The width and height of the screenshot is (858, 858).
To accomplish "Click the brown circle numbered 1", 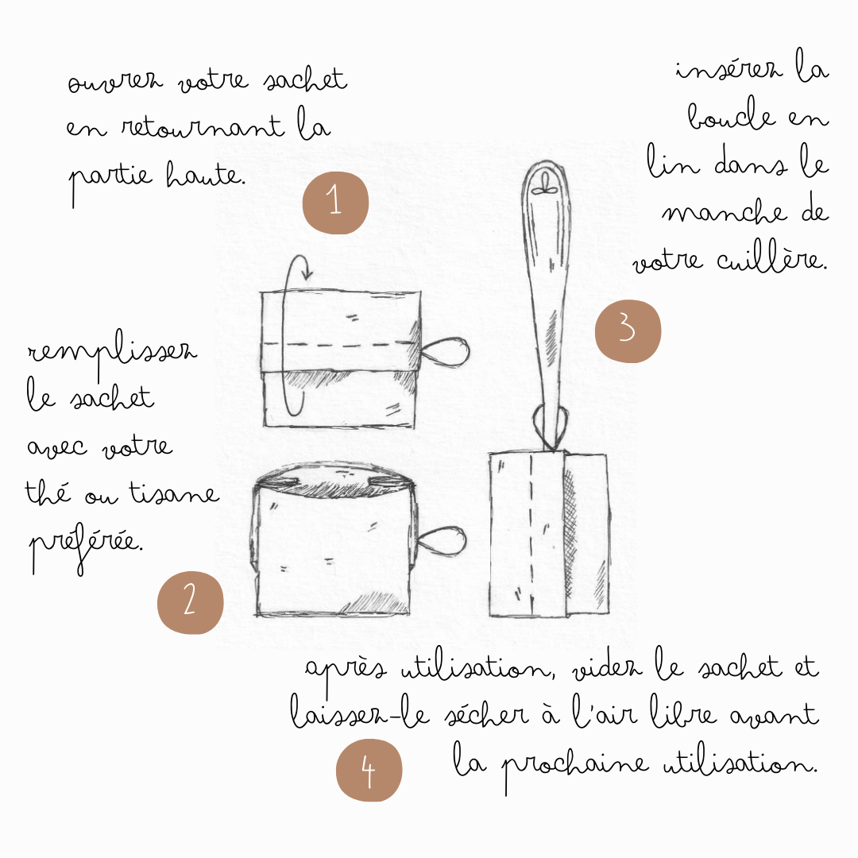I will click(335, 202).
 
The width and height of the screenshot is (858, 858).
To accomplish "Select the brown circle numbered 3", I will click(628, 330).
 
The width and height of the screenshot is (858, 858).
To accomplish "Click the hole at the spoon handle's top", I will click(545, 189).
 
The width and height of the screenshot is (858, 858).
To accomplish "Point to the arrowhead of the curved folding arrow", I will click(307, 276).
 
